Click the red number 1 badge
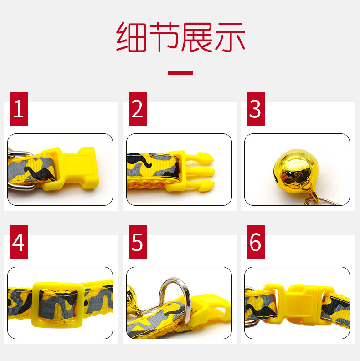18,109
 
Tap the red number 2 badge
137,109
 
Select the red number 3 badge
256,109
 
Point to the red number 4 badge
18,242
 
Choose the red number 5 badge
137,242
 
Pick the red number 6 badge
256,242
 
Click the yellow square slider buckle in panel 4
57,304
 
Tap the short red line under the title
180,73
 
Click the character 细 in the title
132,37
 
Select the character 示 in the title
229,37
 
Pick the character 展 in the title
197,37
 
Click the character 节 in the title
164,37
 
